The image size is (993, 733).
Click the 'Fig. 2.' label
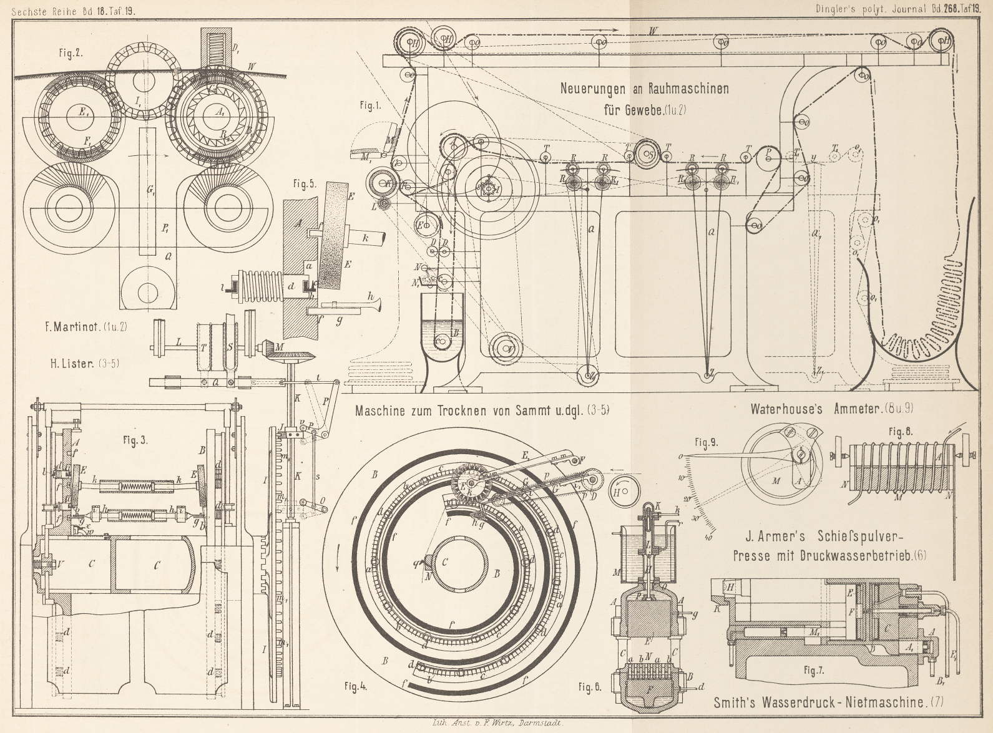pyautogui.click(x=71, y=53)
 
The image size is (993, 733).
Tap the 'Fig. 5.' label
pyautogui.click(x=304, y=184)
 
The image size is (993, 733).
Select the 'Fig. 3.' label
pyautogui.click(x=135, y=440)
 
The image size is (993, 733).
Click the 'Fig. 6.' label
pyautogui.click(x=590, y=687)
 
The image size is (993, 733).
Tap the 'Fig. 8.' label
pyautogui.click(x=901, y=432)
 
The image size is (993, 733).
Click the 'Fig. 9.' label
pyautogui.click(x=705, y=444)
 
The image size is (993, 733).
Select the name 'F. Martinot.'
pyautogui.click(x=72, y=327)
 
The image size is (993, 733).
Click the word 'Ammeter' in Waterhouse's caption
pyautogui.click(x=850, y=409)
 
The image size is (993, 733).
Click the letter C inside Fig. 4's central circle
pyautogui.click(x=445, y=562)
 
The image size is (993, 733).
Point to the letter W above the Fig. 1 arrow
pyautogui.click(x=653, y=31)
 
